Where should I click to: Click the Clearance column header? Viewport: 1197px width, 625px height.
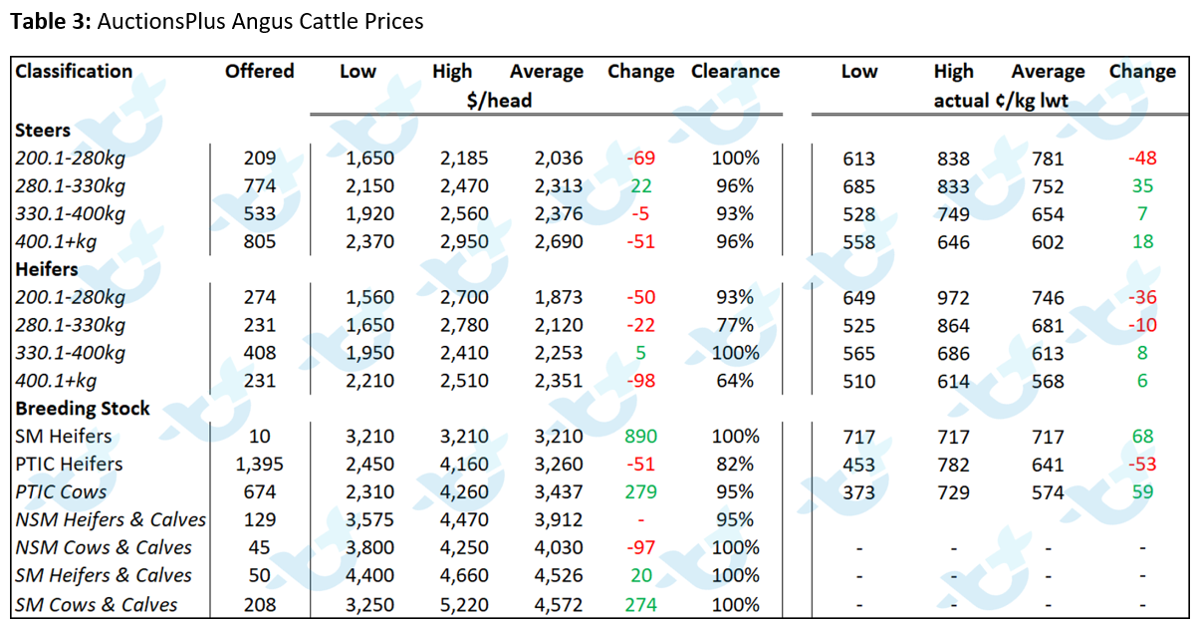tap(735, 71)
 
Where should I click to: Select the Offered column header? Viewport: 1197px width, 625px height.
tap(260, 71)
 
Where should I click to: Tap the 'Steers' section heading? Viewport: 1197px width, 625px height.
tap(43, 130)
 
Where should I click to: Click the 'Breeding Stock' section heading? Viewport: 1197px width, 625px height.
tap(83, 409)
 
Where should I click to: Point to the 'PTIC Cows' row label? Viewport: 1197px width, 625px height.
tap(61, 491)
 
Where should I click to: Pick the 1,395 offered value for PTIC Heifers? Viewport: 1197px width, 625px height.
tap(260, 464)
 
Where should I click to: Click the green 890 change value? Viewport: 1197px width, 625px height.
tap(640, 437)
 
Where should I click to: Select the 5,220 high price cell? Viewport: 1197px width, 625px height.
tap(464, 605)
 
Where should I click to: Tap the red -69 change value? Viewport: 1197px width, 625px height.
tap(640, 157)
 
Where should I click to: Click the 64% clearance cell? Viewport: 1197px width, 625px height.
tap(735, 381)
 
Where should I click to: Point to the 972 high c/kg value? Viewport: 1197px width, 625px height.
tap(953, 297)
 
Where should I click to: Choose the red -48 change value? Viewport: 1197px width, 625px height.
tap(1142, 158)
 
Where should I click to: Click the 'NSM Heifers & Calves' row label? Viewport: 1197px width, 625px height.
tap(111, 519)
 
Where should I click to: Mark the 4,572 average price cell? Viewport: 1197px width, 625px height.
tap(559, 605)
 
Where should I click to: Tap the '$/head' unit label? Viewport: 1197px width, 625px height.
tap(499, 101)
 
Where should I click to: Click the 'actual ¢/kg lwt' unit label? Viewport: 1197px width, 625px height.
tap(1001, 101)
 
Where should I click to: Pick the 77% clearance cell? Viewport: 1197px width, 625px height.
tap(735, 325)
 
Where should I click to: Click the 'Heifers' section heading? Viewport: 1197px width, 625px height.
tap(47, 269)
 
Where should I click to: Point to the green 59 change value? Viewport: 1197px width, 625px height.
tap(1142, 491)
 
